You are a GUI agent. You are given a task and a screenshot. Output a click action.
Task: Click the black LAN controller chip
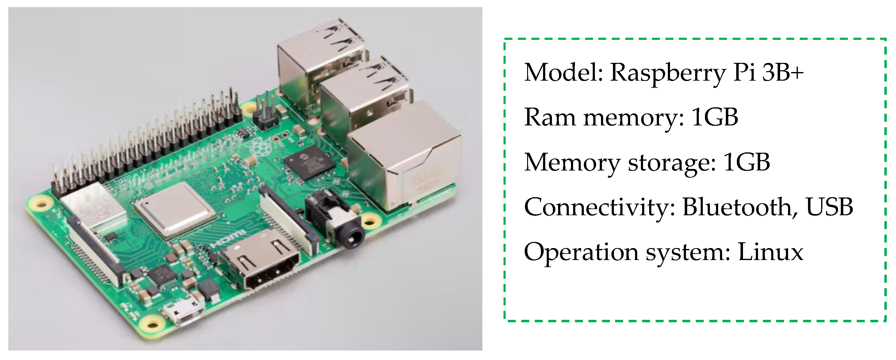click(309, 162)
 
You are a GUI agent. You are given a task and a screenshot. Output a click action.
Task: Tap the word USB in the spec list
click(829, 207)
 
